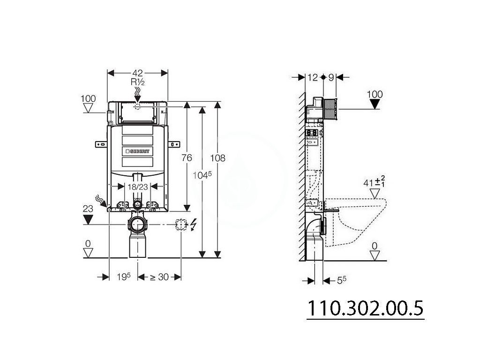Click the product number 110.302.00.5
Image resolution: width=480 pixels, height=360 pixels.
pyautogui.click(x=365, y=308)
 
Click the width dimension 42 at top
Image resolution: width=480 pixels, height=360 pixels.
pyautogui.click(x=137, y=73)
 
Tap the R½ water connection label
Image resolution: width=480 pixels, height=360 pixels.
pyautogui.click(x=137, y=82)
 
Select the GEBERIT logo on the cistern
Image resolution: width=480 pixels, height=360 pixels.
pyautogui.click(x=137, y=151)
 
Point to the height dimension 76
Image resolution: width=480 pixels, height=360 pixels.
pyautogui.click(x=187, y=157)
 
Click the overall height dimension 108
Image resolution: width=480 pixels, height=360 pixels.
pyautogui.click(x=217, y=158)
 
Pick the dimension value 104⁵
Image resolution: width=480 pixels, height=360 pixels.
pyautogui.click(x=202, y=175)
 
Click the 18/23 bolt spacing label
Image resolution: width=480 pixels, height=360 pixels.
pyautogui.click(x=138, y=187)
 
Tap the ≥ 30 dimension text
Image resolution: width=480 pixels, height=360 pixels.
pyautogui.click(x=159, y=277)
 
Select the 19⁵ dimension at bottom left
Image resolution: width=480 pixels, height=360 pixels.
pyautogui.click(x=124, y=277)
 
